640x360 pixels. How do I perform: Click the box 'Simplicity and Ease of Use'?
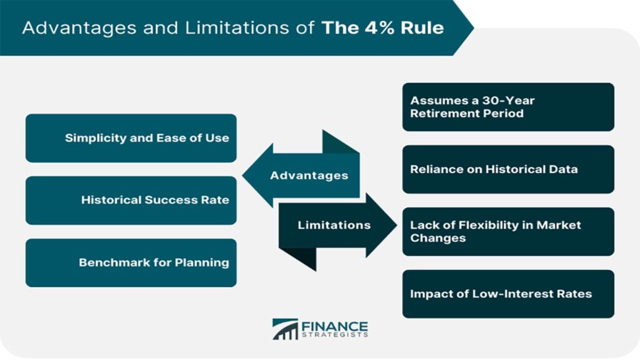pos(131,138)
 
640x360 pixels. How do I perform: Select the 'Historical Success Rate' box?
pos(131,200)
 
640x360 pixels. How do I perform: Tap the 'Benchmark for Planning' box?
pos(131,262)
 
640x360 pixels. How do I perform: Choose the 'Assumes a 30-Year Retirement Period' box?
pos(507,107)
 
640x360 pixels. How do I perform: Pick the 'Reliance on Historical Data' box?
pos(507,169)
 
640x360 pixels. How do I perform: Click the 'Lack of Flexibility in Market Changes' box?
pos(507,232)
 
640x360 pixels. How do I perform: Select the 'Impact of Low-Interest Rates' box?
pos(507,294)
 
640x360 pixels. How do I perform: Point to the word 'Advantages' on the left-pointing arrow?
pos(309,176)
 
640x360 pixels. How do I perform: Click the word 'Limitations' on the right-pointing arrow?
pos(334,225)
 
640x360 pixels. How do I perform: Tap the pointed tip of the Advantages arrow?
pos(244,176)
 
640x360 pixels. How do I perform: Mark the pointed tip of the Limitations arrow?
pos(394,225)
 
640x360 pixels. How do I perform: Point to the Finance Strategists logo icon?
pos(285,329)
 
